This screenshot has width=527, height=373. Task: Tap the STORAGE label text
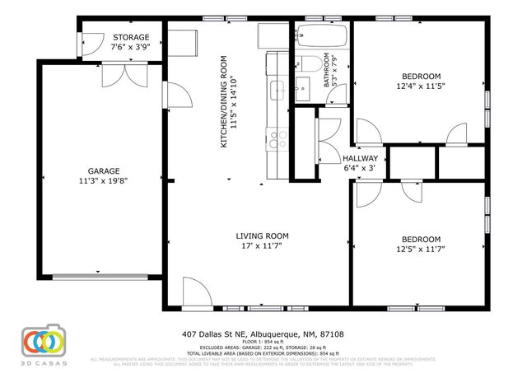[x=130, y=38]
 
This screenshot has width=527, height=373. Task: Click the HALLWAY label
[x=360, y=158]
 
